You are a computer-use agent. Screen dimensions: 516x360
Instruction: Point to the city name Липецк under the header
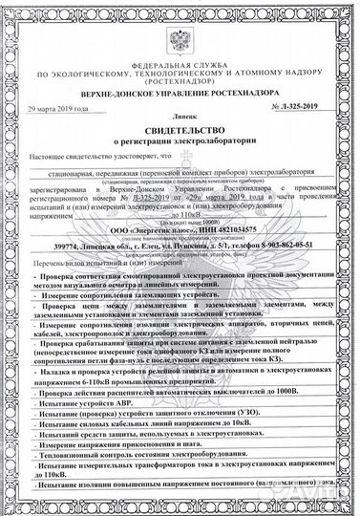click(180, 113)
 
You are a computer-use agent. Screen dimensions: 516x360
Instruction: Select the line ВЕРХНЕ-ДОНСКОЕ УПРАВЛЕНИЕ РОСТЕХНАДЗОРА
click(180, 94)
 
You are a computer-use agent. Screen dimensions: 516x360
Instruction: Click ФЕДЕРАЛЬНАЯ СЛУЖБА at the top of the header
click(180, 56)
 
